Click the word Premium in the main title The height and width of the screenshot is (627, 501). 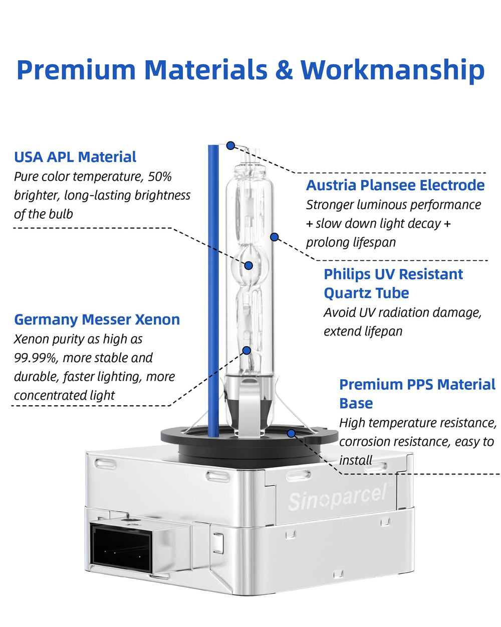click(x=77, y=70)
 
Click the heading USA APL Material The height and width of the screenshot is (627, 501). click(x=75, y=157)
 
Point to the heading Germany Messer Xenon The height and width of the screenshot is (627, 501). click(x=97, y=320)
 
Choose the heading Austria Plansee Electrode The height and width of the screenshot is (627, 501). click(x=395, y=185)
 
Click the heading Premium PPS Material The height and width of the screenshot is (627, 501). click(x=417, y=385)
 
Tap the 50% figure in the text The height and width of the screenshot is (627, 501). click(x=159, y=177)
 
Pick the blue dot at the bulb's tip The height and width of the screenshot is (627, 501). click(x=230, y=145)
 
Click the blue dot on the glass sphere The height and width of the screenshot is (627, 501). click(x=248, y=265)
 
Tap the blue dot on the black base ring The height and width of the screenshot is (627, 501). click(x=291, y=433)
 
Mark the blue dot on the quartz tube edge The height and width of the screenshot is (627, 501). click(x=274, y=237)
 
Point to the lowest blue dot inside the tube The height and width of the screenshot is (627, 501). click(x=246, y=351)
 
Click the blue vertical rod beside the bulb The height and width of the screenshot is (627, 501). click(x=213, y=291)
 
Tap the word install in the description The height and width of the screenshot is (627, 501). click(x=355, y=460)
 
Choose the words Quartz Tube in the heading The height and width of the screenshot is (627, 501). click(x=366, y=293)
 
